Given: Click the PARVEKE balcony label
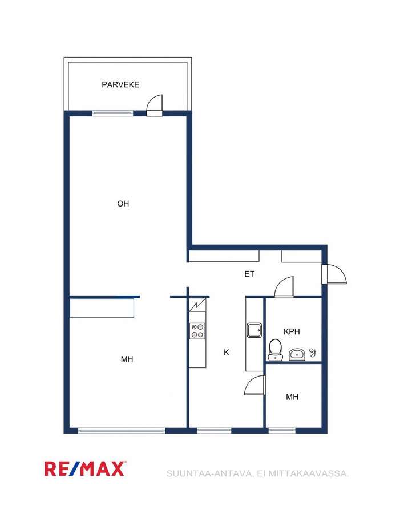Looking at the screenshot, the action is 120,84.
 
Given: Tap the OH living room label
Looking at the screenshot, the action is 123,204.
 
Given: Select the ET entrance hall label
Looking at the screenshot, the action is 249,274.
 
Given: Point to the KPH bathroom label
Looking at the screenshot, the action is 292,331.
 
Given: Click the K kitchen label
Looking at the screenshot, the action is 227,353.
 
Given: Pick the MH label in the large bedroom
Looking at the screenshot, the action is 127,359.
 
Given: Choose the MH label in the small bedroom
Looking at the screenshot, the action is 292,397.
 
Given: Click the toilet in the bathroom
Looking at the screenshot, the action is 275,350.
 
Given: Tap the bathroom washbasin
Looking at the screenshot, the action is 297,354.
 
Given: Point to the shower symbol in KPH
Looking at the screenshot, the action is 313,353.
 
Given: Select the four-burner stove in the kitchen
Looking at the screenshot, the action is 197,331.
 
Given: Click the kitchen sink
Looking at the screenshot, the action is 254,330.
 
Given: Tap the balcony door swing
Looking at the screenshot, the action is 155,105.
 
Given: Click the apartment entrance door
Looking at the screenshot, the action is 334,274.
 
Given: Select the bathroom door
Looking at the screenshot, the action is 284,287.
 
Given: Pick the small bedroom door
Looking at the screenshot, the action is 255,385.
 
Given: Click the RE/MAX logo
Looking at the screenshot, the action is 85,468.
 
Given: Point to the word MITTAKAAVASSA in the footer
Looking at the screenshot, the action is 308,473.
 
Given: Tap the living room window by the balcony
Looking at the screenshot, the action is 113,114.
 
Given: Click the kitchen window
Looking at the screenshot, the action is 214,430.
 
